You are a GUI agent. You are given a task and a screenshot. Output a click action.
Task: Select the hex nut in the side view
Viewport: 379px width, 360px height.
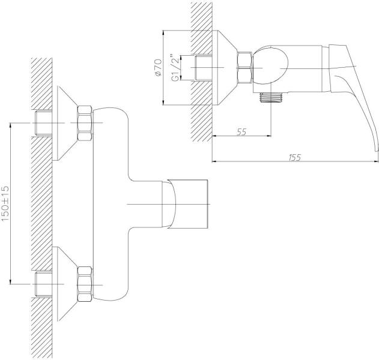pos(245,67)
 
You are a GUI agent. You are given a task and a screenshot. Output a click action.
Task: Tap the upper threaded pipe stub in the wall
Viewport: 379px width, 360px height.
pos(44,124)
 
